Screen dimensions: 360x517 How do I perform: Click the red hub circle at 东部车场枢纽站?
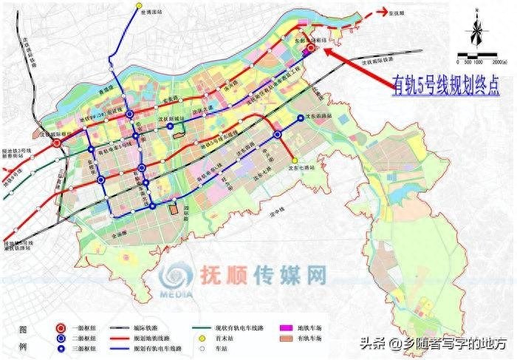pos(311,48)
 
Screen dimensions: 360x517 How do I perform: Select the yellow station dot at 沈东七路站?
pos(295,160)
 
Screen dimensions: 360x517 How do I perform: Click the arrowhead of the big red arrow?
pos(325,54)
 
